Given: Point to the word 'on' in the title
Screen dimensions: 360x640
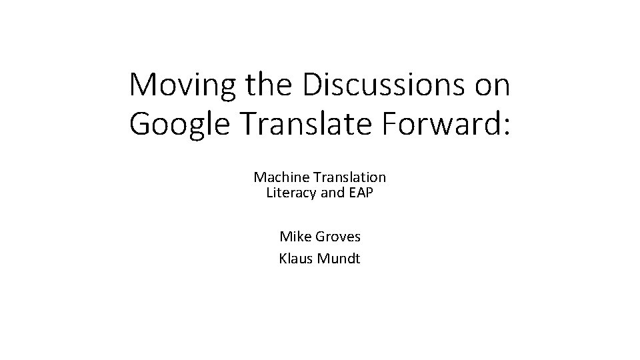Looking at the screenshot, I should pyautogui.click(x=491, y=86).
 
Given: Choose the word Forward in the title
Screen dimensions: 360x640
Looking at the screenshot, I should pyautogui.click(x=439, y=123).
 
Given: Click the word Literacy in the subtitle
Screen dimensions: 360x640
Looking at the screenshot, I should pyautogui.click(x=291, y=194).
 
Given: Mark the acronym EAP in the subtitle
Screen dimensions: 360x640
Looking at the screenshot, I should pyautogui.click(x=360, y=194).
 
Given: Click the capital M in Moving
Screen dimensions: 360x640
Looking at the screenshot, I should pyautogui.click(x=143, y=85).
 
